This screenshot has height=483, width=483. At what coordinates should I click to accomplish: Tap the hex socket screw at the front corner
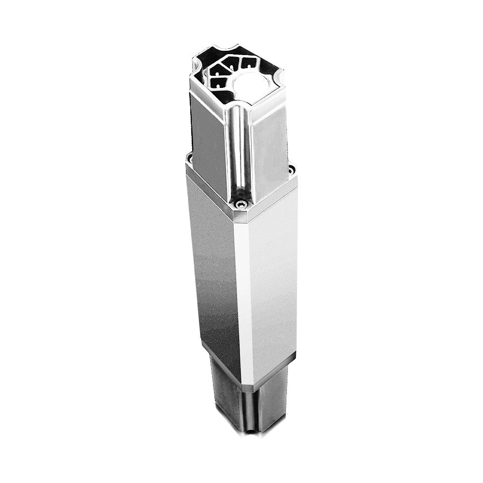pos(240,205)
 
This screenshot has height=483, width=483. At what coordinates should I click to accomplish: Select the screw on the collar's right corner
pos(291,170)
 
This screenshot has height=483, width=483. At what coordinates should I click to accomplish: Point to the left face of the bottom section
pos(225,386)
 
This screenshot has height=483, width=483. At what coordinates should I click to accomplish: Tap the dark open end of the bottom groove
pos(249,430)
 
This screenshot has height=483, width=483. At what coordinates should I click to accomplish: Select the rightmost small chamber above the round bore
pos(249,63)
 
